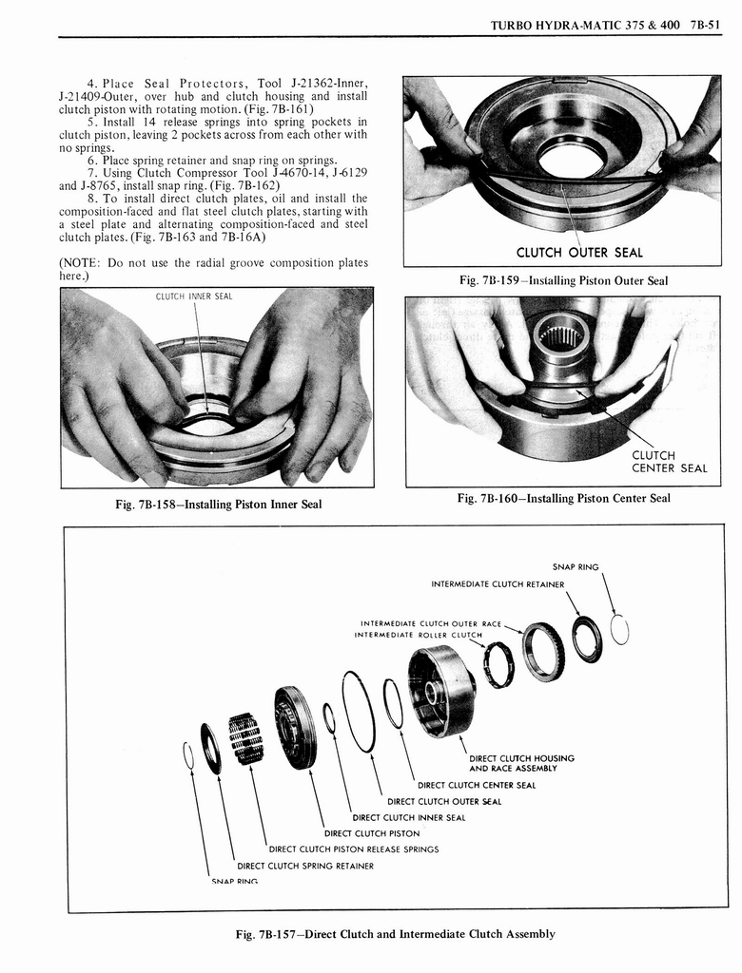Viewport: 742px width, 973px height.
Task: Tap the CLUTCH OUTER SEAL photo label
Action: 578,252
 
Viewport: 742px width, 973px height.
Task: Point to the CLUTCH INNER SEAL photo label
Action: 194,297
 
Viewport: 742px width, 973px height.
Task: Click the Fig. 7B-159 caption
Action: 563,280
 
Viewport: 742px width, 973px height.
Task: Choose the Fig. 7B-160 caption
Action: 563,498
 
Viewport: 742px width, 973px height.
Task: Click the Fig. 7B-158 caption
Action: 218,504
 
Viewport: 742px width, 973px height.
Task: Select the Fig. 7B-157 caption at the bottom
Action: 395,933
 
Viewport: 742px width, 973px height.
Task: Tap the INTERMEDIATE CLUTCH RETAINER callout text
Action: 498,583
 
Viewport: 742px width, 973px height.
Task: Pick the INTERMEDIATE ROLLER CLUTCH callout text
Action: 419,634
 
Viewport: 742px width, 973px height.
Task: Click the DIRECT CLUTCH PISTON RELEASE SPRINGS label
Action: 354,849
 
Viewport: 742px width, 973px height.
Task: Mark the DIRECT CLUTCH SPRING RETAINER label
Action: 305,866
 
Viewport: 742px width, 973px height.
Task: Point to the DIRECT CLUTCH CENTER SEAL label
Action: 477,785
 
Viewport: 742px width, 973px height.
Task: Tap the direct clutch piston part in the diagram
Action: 294,726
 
